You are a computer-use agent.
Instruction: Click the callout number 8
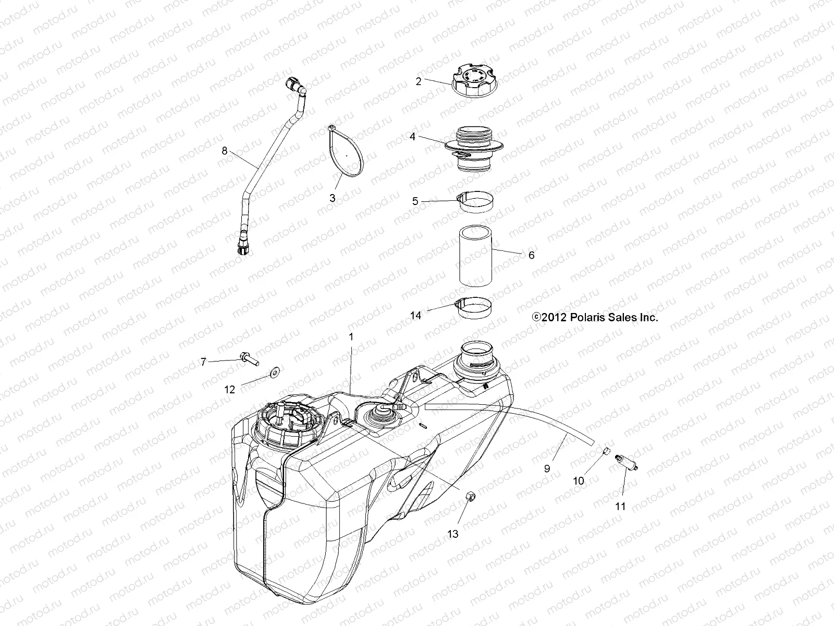click(225, 151)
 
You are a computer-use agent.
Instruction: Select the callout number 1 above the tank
click(351, 337)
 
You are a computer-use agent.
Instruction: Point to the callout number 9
click(547, 468)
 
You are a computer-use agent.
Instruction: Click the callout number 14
click(415, 316)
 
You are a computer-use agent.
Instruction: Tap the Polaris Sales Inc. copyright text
click(594, 317)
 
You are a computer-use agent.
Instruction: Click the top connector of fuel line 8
click(293, 85)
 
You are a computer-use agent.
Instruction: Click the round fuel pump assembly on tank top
click(285, 420)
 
